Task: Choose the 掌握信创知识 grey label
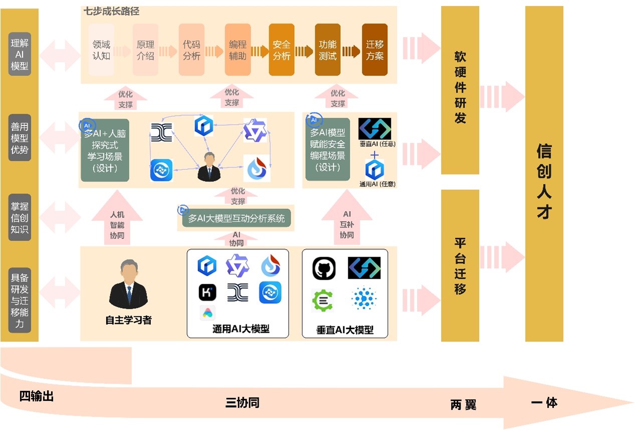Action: pos(20,218)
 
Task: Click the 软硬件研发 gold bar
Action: pos(460,90)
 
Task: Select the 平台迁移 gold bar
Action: pos(460,266)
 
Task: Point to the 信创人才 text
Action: pos(544,181)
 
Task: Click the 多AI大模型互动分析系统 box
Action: pos(236,219)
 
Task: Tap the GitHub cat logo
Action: pos(324,269)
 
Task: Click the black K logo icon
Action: pos(207,292)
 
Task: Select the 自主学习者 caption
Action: pos(128,320)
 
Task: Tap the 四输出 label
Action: pos(37,396)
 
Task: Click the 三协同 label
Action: pos(242,402)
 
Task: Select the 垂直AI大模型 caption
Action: pos(345,330)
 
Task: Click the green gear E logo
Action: pos(322,300)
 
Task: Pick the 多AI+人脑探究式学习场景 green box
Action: pos(105,150)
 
